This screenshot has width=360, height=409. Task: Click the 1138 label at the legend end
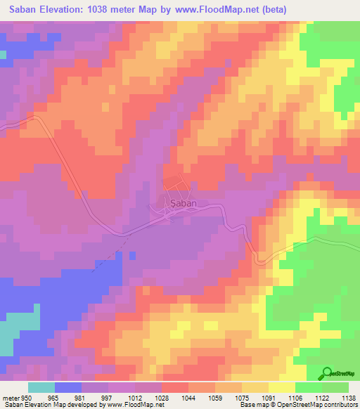click(x=347, y=396)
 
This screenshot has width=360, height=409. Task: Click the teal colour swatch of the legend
click(x=41, y=387)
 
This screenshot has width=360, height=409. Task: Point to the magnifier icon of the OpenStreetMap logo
click(x=328, y=372)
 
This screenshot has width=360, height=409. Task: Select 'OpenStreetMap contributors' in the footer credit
click(x=316, y=405)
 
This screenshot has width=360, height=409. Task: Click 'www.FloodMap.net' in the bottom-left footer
click(x=129, y=405)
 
